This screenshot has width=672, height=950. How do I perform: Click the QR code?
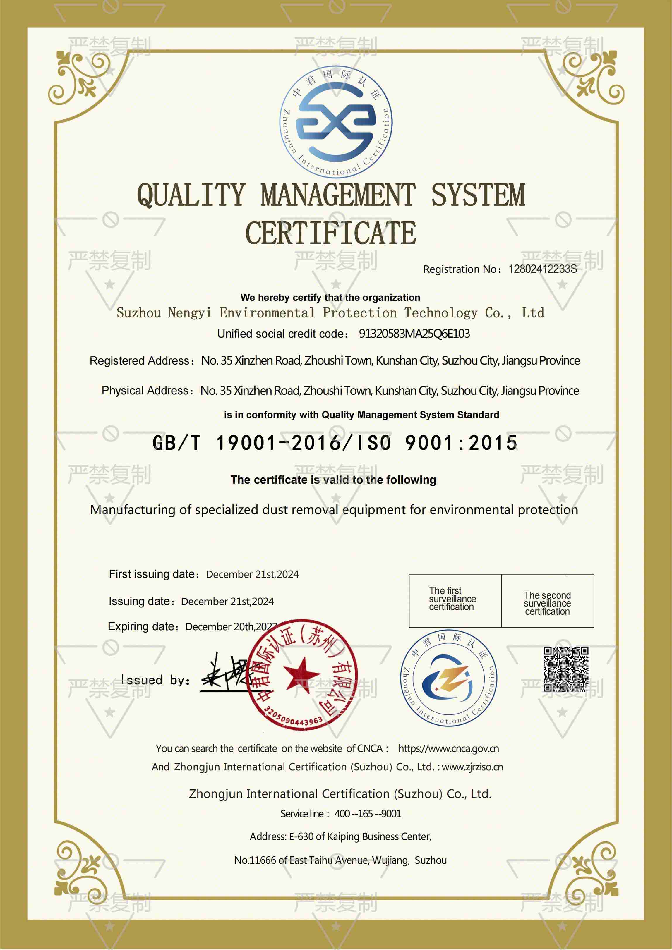566,669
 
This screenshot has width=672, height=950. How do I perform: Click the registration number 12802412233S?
542,269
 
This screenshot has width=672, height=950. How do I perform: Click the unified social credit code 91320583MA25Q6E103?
414,334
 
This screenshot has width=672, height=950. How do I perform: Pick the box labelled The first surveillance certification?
455,600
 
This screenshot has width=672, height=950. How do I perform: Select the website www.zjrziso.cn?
472,767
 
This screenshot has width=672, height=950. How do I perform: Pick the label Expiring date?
143,626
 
